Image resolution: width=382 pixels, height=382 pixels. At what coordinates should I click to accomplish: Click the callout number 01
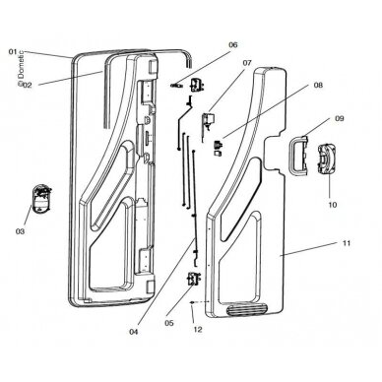[13, 51]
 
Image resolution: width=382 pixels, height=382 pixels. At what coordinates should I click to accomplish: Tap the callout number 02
[28, 86]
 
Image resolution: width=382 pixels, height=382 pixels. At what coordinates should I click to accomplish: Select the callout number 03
[20, 231]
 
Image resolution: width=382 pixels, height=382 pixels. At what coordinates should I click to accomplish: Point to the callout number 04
[134, 332]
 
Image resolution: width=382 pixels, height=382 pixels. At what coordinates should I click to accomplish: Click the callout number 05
[169, 323]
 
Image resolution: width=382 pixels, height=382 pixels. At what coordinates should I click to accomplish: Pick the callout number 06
[233, 45]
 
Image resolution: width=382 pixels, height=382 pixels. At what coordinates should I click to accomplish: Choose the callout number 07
[247, 62]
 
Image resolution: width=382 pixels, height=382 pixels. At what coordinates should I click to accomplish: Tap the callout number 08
[318, 85]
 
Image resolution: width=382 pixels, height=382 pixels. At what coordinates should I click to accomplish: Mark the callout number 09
[340, 118]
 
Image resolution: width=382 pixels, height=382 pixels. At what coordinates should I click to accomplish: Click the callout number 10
[333, 205]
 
